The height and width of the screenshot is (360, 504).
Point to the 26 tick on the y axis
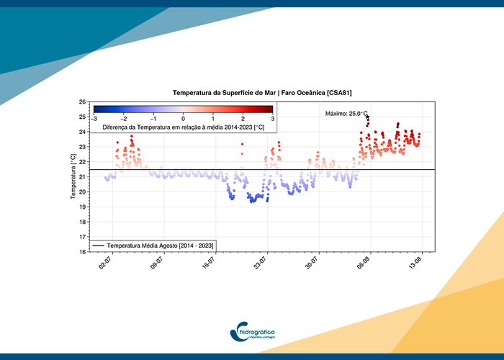pyautogui.click(x=83, y=102)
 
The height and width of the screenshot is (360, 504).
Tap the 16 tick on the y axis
pyautogui.click(x=83, y=252)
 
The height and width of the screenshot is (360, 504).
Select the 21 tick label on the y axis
pyautogui.click(x=83, y=177)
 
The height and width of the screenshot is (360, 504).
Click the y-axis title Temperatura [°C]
pyautogui.click(x=73, y=177)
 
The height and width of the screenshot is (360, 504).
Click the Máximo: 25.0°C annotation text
pyautogui.click(x=346, y=114)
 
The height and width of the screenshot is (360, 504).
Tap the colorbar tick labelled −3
pyautogui.click(x=94, y=117)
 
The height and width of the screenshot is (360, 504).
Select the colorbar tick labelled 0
pyautogui.click(x=183, y=117)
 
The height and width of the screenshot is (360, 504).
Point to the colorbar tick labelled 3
pyautogui.click(x=272, y=117)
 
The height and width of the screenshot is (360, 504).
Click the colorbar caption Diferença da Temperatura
pyautogui.click(x=183, y=126)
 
